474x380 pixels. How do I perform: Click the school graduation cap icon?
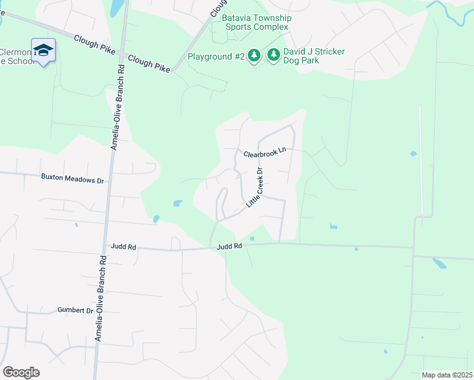coord(43,51)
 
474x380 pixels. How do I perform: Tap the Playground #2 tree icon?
coord(253,56)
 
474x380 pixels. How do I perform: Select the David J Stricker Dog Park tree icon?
coord(274,56)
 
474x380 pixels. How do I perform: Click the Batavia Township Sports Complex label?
coord(256,23)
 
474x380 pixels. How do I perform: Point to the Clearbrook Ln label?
coord(266,154)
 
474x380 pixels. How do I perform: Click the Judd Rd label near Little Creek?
coord(229,246)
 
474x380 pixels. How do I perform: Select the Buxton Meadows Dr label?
coord(72,180)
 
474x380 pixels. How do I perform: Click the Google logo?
coord(21,372)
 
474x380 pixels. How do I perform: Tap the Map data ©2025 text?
coord(447,375)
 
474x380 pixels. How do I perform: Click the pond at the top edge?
coord(117,8)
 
